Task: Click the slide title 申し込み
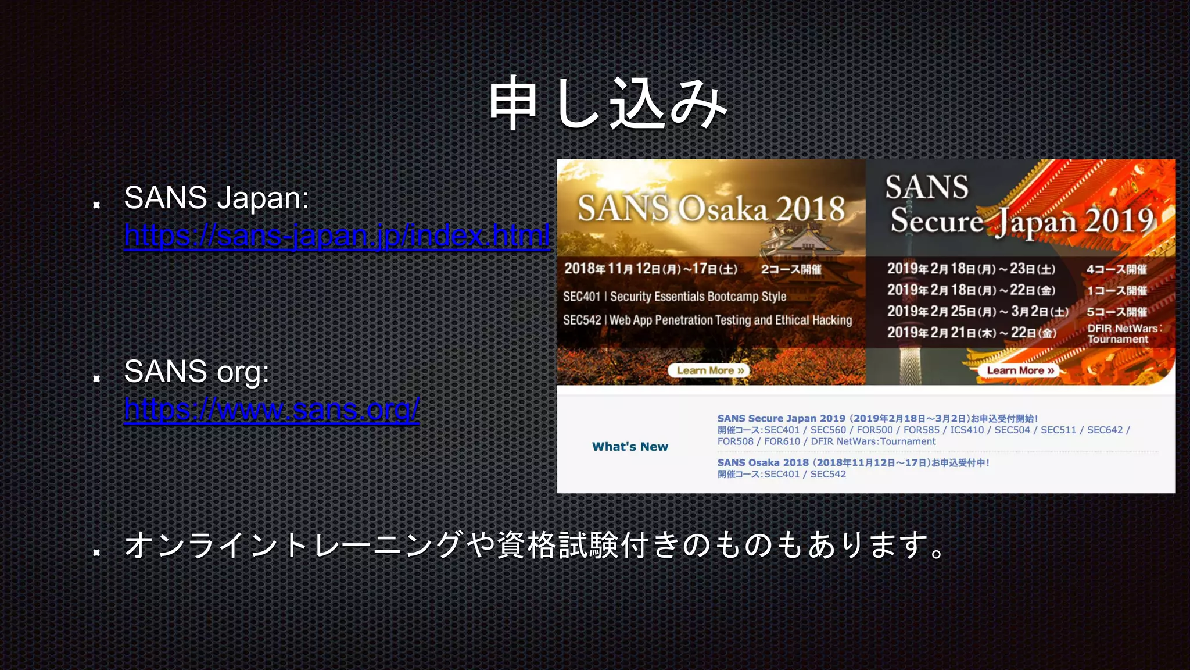[x=607, y=104]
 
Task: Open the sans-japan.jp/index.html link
[x=336, y=236]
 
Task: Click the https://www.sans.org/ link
[x=271, y=409]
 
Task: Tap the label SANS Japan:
[x=216, y=198]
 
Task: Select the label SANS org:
[x=196, y=371]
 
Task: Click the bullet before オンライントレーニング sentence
[x=97, y=552]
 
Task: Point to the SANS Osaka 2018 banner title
[x=711, y=208]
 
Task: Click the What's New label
[x=630, y=447]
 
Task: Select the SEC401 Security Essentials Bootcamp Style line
[x=674, y=297]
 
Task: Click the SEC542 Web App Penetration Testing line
[x=707, y=320]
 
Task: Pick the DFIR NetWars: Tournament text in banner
[x=1123, y=334]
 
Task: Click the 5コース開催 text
[x=1116, y=312]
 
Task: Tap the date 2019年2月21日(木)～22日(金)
[x=971, y=333]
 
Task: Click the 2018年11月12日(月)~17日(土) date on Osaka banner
[x=650, y=269]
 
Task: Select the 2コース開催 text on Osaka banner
[x=791, y=269]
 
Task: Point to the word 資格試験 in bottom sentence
[x=557, y=546]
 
